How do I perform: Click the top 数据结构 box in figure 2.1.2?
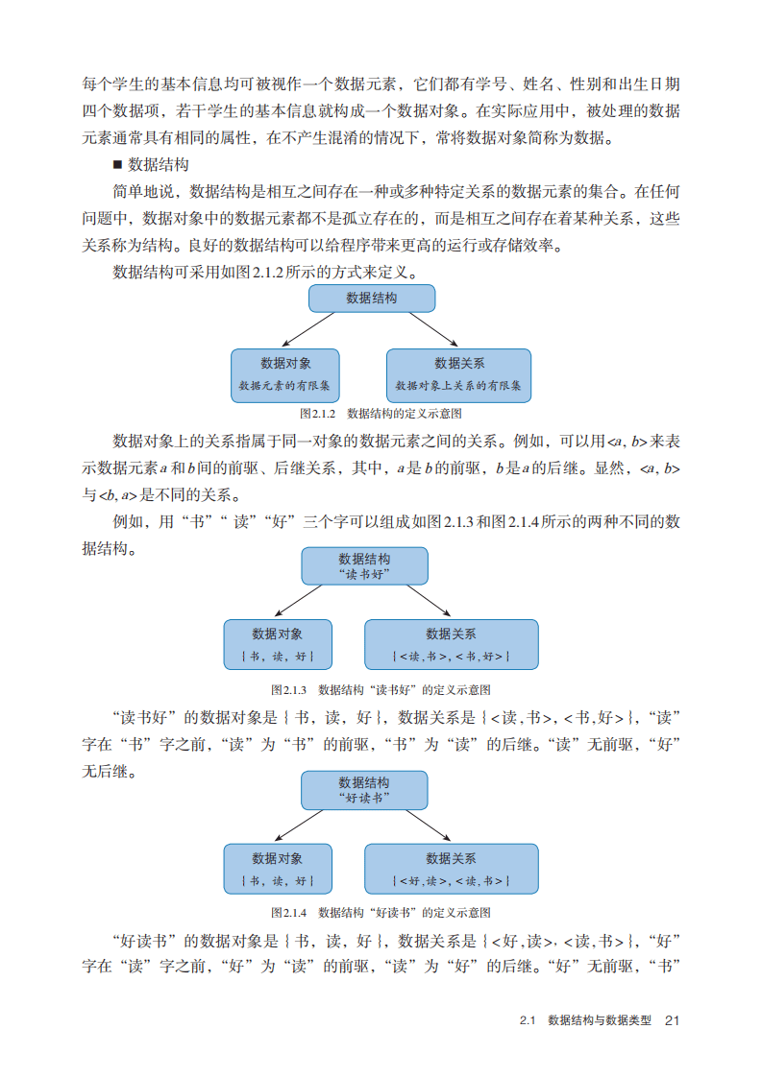coord(371,299)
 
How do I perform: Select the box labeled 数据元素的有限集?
coord(285,374)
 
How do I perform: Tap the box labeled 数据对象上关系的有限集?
coord(458,374)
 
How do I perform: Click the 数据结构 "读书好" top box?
coord(364,565)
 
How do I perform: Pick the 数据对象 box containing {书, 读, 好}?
coord(278,644)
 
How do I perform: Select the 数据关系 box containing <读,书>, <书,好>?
coord(451,644)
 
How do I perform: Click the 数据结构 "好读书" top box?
coord(364,789)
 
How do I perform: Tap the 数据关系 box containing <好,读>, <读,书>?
coord(451,869)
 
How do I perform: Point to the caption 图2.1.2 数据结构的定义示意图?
coord(381,413)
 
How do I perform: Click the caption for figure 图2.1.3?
coord(381,689)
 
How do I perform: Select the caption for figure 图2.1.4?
coord(381,912)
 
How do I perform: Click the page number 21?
coord(672,1020)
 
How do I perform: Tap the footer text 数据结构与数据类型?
coord(599,1020)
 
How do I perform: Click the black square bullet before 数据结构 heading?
coord(118,164)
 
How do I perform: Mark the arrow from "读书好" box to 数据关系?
coord(428,602)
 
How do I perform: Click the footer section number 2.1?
coord(526,1020)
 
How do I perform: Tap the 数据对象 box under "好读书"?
coord(278,869)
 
